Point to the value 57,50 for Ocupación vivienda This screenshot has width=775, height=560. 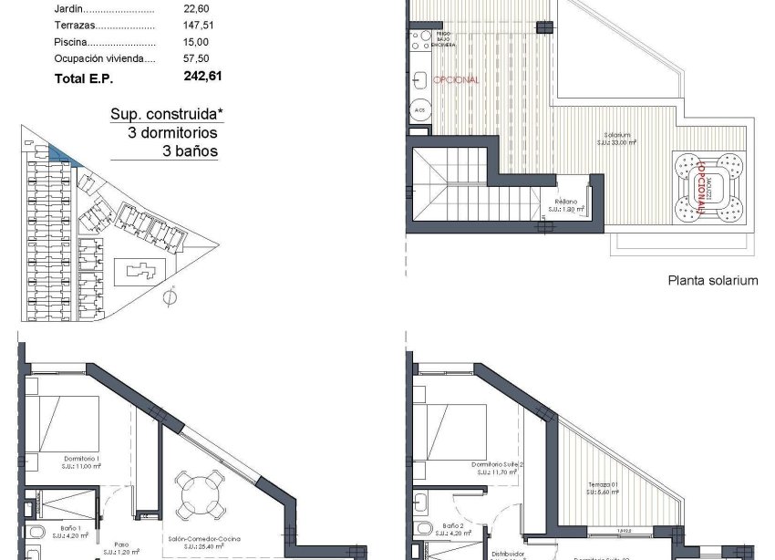pos(196,58)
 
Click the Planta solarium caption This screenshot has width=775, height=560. pos(712,281)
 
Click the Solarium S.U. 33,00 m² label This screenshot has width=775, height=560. pos(615,140)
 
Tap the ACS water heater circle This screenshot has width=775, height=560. pos(419,110)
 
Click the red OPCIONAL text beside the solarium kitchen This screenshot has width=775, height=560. pos(456,79)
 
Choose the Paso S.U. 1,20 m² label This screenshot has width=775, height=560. pos(120,549)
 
